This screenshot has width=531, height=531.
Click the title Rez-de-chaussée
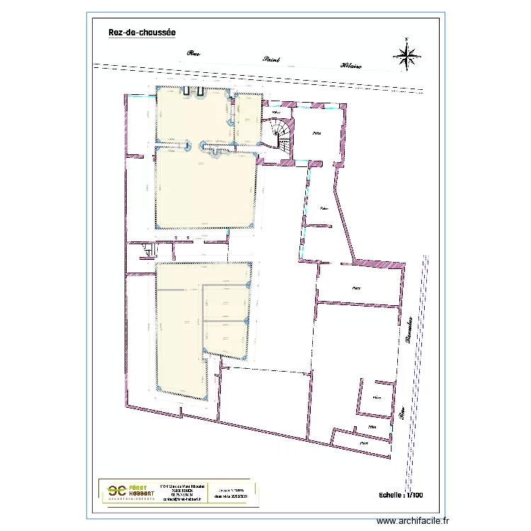coord(142,33)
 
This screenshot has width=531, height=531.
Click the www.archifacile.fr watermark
coord(413,521)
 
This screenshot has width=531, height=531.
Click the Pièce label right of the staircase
coord(316,133)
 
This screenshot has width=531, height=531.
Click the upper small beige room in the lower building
coord(225,302)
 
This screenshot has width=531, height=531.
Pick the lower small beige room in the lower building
coord(225,337)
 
